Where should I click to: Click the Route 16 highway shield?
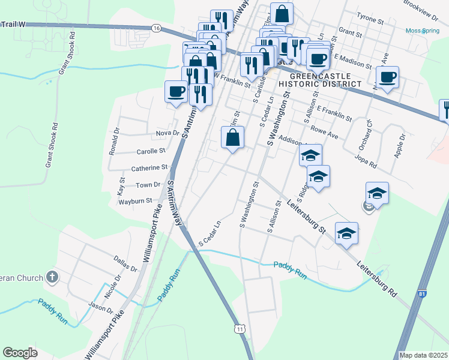pos(156,28)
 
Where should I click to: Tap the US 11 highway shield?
pos(240,329)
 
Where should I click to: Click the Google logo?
pos(20,353)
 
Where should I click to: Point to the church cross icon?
pos(52,277)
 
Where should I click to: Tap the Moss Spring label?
pos(422,31)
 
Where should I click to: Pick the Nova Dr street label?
pos(167,133)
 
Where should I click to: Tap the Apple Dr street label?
pos(400,145)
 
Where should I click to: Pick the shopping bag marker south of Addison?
pos(232,138)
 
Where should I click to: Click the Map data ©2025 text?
pos(423,355)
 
